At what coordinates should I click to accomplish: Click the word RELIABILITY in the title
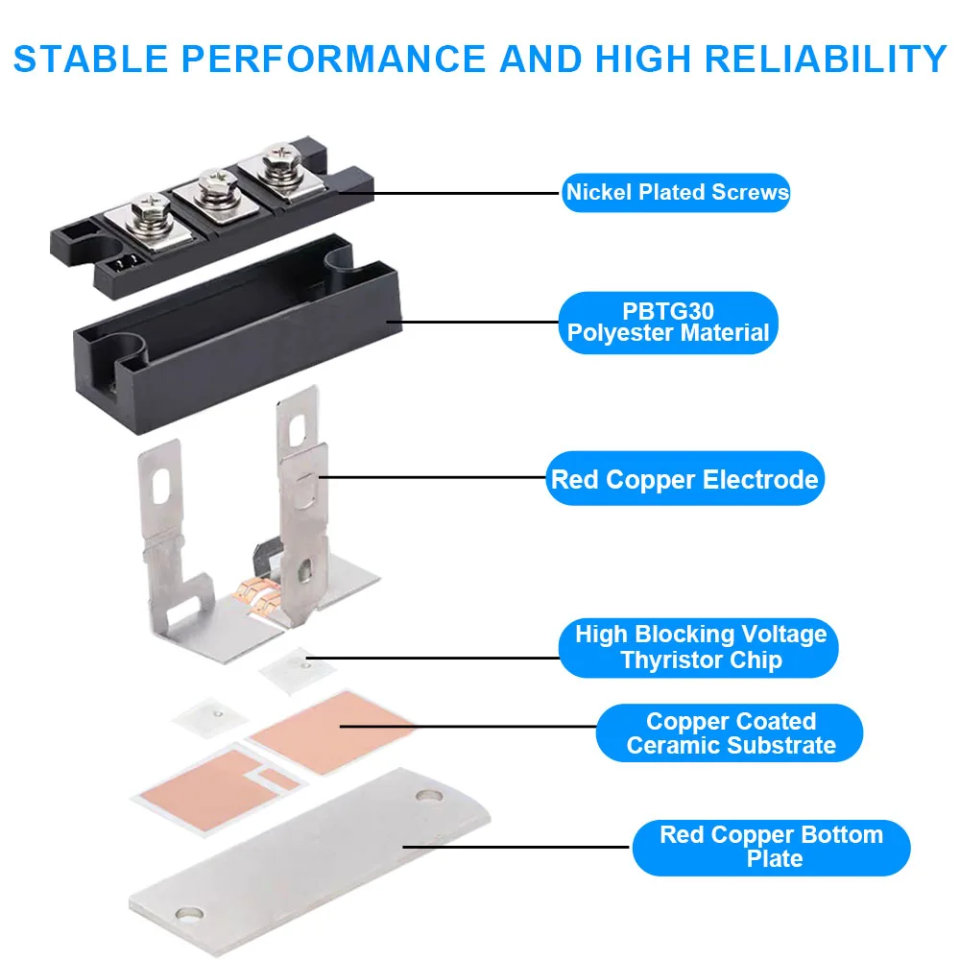coord(826,59)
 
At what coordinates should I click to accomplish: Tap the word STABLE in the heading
coord(90,59)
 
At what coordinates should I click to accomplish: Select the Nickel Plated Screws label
coord(677,192)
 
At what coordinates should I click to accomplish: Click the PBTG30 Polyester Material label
coord(668,323)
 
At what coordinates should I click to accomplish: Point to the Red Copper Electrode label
coord(684,479)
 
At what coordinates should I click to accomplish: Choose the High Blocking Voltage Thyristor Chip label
coord(699,648)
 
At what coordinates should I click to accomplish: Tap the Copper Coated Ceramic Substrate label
coord(730,732)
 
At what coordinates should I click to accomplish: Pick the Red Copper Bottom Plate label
coord(771,848)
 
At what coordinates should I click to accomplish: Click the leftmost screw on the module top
coord(150,214)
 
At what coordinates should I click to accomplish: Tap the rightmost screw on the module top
coord(281,160)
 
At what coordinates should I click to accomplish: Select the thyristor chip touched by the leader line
coord(297,670)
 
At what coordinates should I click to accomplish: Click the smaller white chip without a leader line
coord(210,716)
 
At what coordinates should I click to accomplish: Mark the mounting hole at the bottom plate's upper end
coord(428,797)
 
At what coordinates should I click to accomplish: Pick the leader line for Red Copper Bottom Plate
coord(516,848)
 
